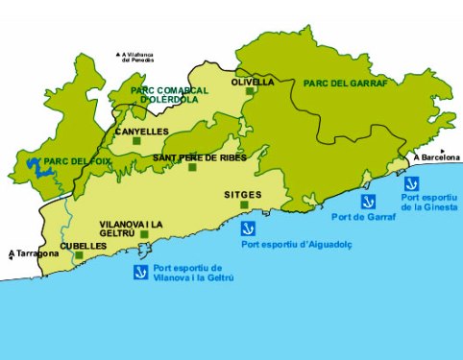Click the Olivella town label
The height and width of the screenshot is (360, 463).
253,83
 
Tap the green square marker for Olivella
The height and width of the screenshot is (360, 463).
250,92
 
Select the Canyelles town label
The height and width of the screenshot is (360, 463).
141,131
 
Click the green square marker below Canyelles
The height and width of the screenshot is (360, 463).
136,142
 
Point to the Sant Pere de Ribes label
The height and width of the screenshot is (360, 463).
200,157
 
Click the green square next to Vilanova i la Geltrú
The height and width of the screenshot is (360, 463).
144,234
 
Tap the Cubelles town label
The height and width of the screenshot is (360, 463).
84,246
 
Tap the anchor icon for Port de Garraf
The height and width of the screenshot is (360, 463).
367,202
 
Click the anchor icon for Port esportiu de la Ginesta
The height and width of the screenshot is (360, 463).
410,183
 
